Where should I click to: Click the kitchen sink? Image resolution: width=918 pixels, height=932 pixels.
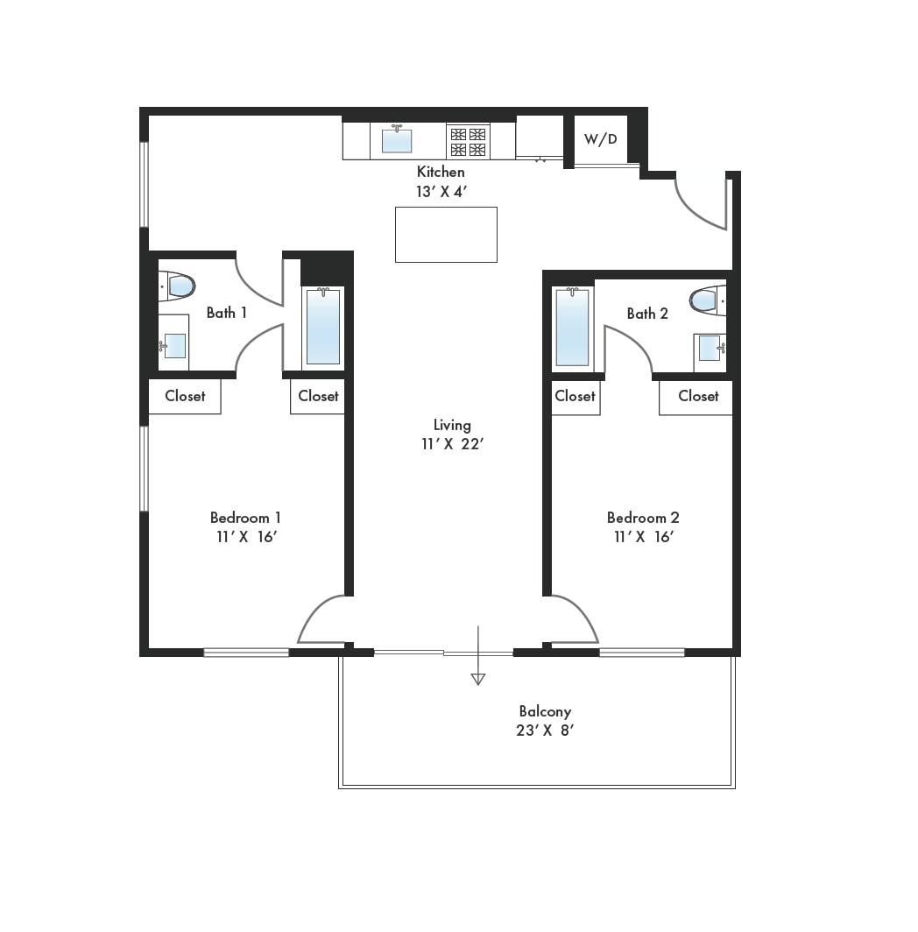click(x=397, y=140)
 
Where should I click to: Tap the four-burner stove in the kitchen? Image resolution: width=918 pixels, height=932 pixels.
click(x=468, y=142)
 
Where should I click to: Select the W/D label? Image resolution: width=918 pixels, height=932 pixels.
click(x=601, y=139)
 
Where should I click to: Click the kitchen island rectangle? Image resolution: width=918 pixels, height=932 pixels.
click(x=446, y=235)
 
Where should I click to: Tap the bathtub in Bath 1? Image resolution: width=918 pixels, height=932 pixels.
click(x=323, y=327)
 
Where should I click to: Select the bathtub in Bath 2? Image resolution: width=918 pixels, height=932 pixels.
click(x=572, y=327)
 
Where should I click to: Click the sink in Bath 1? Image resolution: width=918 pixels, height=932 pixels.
click(x=173, y=345)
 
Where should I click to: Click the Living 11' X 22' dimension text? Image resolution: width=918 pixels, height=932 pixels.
click(x=453, y=444)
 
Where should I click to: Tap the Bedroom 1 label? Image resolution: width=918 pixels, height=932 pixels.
click(x=245, y=518)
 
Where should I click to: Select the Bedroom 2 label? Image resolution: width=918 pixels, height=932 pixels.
click(x=643, y=518)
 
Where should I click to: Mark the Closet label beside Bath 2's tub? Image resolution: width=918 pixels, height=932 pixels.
click(x=575, y=396)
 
